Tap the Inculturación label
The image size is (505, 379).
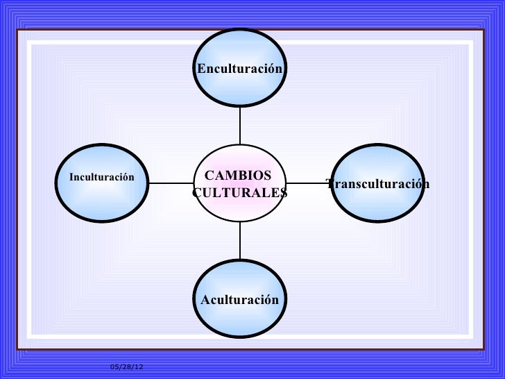(101, 177)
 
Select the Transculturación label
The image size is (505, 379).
(378, 183)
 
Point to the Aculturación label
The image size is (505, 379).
(239, 300)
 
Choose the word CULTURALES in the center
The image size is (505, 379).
(239, 192)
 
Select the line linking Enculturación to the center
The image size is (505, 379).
(240, 126)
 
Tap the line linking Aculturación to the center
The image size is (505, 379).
(240, 241)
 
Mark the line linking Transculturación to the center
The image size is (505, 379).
(309, 183)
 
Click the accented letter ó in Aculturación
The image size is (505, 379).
(269, 300)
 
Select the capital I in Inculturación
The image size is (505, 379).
(71, 177)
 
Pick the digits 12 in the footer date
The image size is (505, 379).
(130, 367)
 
